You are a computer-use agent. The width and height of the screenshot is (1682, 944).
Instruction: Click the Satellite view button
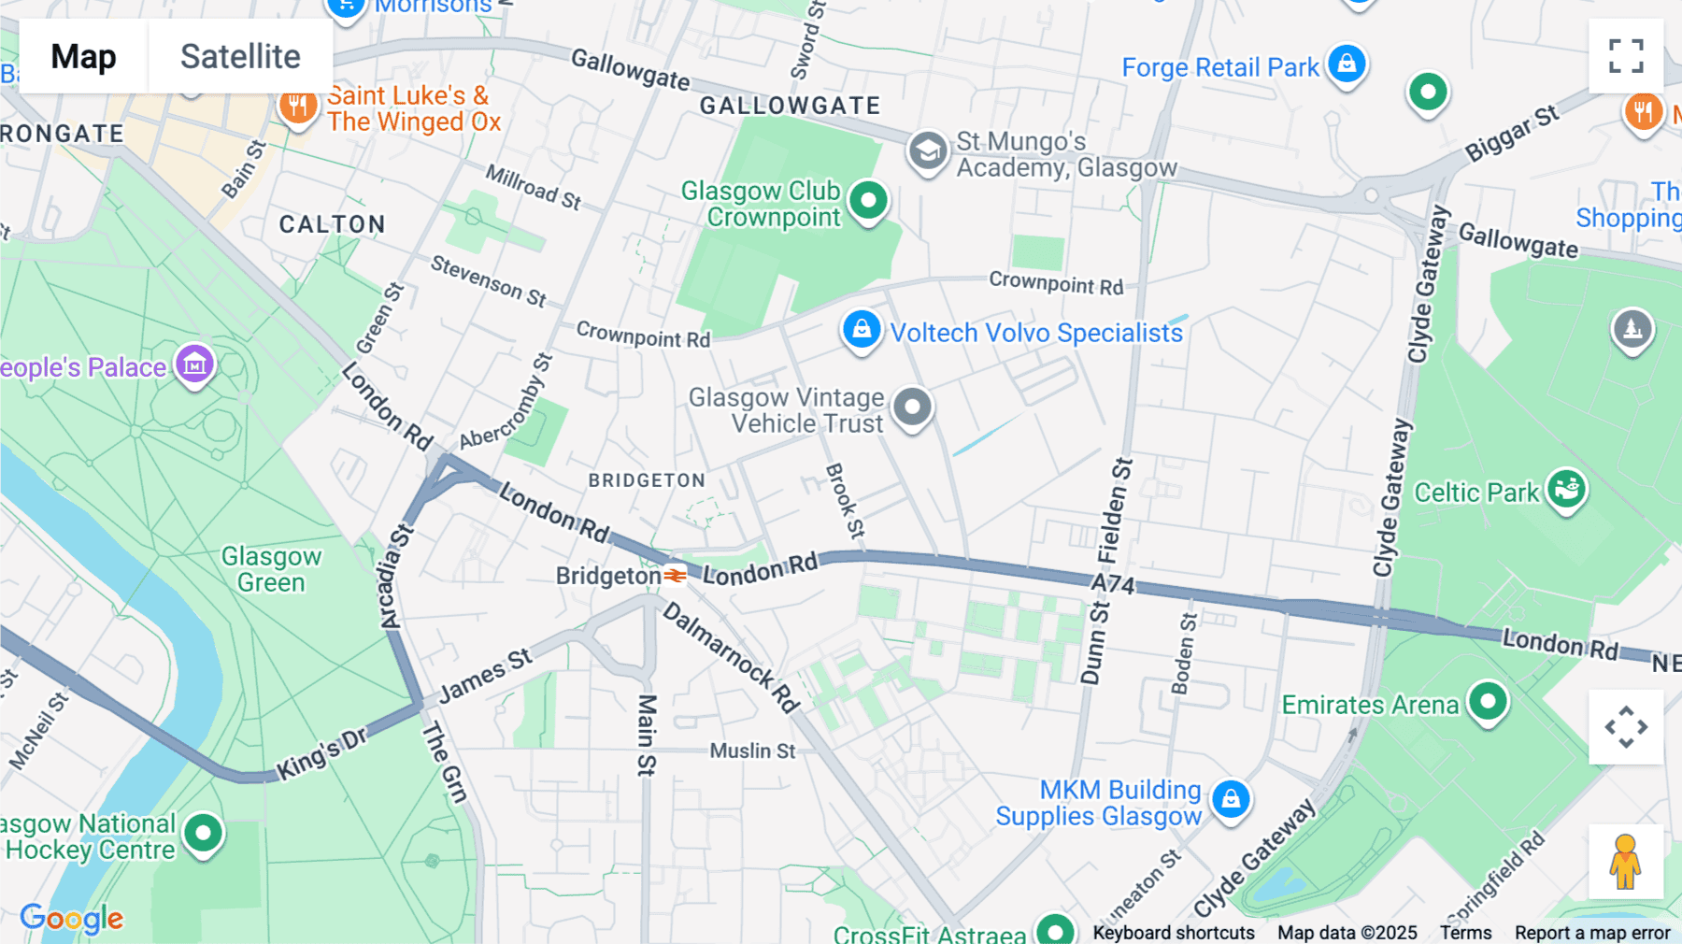pos(240,56)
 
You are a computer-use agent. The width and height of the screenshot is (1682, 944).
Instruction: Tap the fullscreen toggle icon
pos(1626,56)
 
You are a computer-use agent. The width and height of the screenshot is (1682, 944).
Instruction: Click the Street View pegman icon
pos(1626,861)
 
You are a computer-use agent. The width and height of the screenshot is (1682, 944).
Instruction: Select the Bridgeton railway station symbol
pos(676,576)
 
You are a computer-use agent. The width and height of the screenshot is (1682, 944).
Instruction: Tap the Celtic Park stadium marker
pos(1566,488)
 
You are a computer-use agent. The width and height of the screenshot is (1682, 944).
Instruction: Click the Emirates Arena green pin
pos(1488,701)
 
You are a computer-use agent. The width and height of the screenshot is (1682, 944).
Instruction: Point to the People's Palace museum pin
pos(195,365)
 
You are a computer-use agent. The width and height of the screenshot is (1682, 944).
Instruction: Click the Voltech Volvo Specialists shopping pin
pos(862,329)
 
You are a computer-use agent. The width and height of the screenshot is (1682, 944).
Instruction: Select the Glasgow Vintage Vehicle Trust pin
pos(912,408)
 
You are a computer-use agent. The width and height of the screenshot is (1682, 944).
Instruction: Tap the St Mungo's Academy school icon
pos(928,150)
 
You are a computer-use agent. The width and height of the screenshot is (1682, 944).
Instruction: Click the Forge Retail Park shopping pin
pos(1347,64)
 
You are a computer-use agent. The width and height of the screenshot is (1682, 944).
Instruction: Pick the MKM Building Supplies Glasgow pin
pos(1231,799)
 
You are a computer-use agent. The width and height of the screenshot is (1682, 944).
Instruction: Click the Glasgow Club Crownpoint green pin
pos(869,200)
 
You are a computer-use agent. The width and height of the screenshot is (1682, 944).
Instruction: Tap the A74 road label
pos(1113,586)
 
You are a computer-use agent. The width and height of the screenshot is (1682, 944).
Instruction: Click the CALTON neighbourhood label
pos(332,224)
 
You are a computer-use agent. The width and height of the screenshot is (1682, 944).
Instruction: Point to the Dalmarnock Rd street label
pos(731,657)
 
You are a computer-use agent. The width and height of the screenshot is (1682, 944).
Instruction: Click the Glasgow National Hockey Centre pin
pos(203,832)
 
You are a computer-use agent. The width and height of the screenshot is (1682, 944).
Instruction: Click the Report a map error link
pos(1592,933)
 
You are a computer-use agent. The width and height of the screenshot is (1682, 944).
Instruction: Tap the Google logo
pos(72,919)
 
